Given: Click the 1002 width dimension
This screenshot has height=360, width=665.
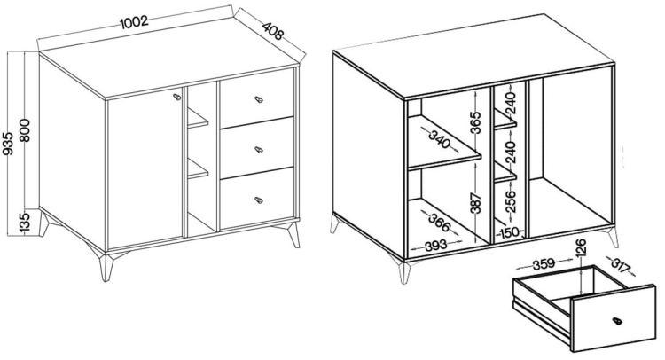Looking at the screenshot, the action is (134, 22).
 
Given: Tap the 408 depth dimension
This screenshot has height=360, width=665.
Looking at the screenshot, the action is (272, 30).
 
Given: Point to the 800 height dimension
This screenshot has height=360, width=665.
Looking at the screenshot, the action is (25, 130).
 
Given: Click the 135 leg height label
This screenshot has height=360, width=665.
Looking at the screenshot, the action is (25, 223).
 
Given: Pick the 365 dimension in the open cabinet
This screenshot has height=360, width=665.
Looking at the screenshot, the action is (477, 122).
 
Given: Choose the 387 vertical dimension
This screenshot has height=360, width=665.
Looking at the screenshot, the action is (477, 203).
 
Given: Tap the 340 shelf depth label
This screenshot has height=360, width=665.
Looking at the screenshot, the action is (440, 139).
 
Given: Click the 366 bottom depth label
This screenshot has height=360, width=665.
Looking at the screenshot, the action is (439, 223).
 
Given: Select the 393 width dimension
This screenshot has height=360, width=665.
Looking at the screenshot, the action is (435, 245).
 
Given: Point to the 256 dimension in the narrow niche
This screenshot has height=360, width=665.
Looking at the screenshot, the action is (511, 201).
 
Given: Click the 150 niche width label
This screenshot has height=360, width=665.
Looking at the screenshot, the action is (509, 232).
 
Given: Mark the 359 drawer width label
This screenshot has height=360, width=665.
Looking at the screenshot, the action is (544, 263).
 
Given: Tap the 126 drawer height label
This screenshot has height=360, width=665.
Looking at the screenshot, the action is (581, 247).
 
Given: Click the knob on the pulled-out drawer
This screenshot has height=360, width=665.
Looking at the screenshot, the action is (617, 321).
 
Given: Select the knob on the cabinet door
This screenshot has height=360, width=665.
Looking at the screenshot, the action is (176, 97).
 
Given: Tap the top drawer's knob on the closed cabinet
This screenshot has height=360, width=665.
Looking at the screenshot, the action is (259, 99).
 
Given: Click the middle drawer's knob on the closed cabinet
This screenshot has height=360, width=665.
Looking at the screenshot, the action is (259, 149).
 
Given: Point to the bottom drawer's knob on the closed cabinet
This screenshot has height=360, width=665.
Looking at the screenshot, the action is (259, 200).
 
